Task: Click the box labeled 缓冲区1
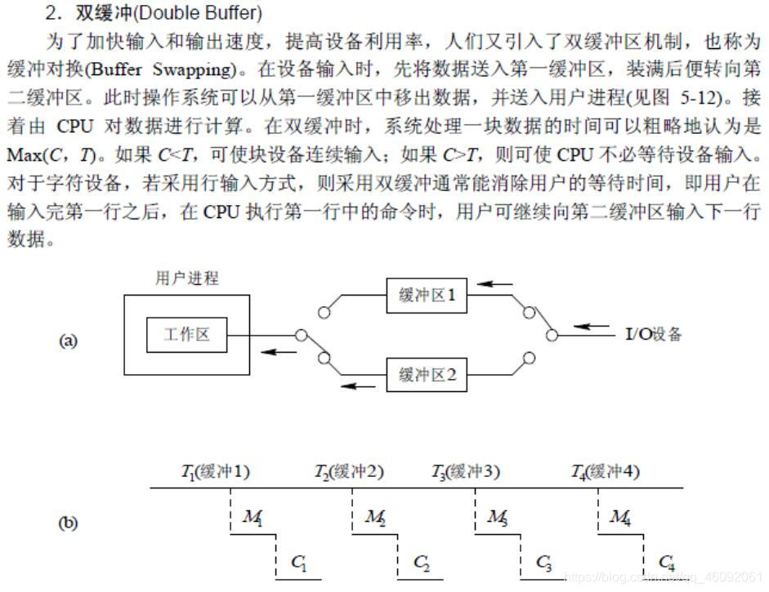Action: (427, 296)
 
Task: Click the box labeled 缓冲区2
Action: (427, 376)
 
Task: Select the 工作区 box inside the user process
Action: (187, 335)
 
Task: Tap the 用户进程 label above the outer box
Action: (187, 278)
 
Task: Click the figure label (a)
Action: (68, 341)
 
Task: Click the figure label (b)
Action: (68, 523)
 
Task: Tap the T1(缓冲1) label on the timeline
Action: (216, 471)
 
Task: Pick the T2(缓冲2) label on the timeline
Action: (350, 471)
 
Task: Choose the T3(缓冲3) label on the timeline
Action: (467, 471)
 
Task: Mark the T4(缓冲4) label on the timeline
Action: (606, 471)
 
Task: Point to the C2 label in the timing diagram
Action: (422, 562)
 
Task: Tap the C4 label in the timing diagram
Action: (667, 562)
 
